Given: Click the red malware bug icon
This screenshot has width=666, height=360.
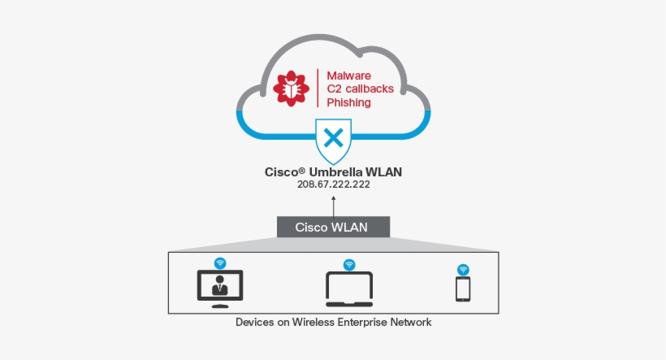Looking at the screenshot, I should point(292,88).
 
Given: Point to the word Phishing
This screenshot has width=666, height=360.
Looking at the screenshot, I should point(348,103).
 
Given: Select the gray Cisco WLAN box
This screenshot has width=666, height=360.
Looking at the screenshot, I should point(333,227).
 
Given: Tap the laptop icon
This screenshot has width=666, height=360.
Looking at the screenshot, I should point(349,288).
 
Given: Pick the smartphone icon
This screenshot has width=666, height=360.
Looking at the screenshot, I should point(463,289).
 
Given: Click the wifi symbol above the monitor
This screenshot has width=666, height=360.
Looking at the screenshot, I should point(219,262).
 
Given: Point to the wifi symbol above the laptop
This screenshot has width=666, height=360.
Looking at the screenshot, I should point(349,264).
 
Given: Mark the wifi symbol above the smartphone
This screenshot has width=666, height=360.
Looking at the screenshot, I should point(463,269).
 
